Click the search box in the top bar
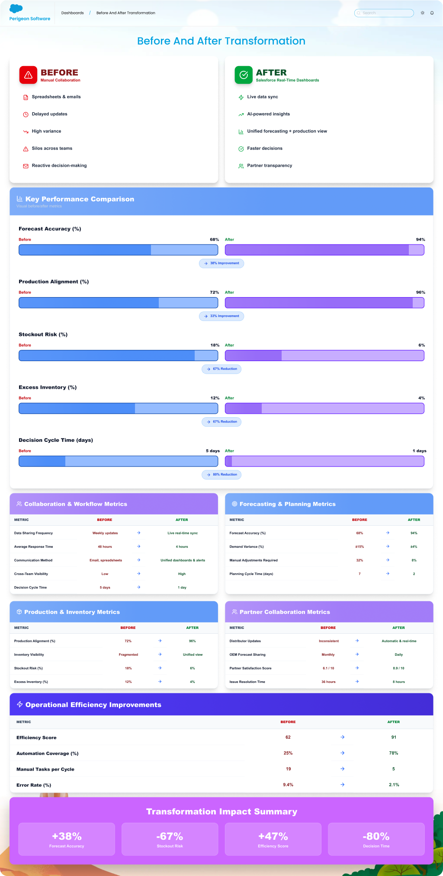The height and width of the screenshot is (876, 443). pos(384,13)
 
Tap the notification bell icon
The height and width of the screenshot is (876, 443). pos(432,13)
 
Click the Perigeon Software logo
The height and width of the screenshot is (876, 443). pos(29,13)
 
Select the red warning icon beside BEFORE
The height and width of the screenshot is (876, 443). pos(28,75)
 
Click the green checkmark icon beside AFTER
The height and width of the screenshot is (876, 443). pos(244,75)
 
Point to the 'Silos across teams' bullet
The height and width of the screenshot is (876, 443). pos(52,149)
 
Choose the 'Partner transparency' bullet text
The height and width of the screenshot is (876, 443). pos(270,166)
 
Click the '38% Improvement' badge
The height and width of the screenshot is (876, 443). pos(221,263)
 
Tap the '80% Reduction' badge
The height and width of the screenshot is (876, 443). pos(221,475)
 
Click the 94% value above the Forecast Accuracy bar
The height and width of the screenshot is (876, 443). pos(420,240)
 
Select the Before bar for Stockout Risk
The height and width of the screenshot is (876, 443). pos(118,355)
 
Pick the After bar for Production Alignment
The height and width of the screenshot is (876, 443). pos(324,303)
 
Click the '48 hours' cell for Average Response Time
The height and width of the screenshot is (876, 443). pos(105,547)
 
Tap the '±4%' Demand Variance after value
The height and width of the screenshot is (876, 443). pos(414,547)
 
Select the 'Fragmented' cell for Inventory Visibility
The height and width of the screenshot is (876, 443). pos(128,655)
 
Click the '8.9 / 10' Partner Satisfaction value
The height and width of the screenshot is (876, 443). pos(398,668)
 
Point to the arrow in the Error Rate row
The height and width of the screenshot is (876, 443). pos(342,785)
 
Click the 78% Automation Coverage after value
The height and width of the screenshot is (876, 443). pos(393,753)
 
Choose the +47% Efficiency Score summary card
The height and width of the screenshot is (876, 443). pos(273,839)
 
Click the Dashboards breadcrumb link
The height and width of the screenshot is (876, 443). pos(73,13)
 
